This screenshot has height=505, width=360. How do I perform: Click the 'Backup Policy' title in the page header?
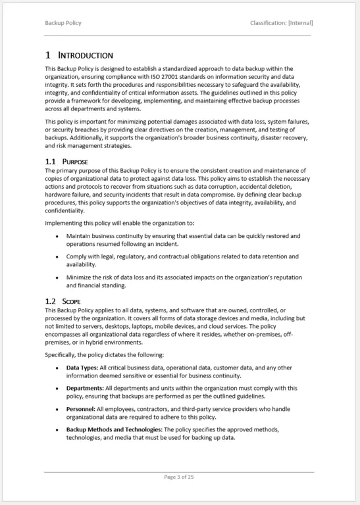click(x=63, y=23)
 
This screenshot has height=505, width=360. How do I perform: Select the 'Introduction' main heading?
click(x=86, y=55)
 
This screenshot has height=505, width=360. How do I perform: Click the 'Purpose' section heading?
click(x=75, y=161)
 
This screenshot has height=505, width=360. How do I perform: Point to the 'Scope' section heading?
click(x=71, y=301)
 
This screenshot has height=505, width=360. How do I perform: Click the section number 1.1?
click(x=50, y=161)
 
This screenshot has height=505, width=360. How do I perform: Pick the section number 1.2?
click(x=50, y=301)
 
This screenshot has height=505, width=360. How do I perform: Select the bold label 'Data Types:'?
click(x=82, y=368)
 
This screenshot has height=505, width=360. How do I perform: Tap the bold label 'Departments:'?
click(x=85, y=388)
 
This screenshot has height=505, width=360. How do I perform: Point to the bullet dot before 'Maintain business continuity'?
click(x=57, y=236)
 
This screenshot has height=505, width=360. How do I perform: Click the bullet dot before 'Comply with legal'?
click(x=57, y=256)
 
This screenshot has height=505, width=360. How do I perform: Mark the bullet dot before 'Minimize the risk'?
click(x=57, y=277)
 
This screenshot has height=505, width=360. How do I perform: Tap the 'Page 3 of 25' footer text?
click(x=179, y=477)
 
